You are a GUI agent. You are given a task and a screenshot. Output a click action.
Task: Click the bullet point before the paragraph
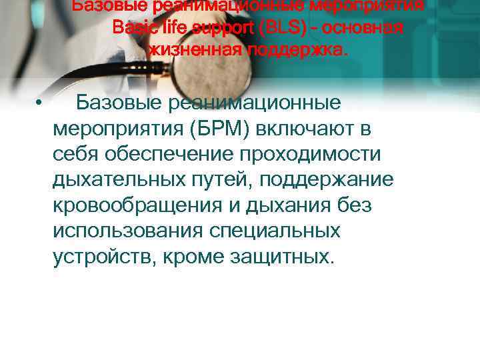click(x=40, y=104)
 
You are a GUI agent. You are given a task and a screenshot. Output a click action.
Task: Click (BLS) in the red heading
click(x=285, y=29)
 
